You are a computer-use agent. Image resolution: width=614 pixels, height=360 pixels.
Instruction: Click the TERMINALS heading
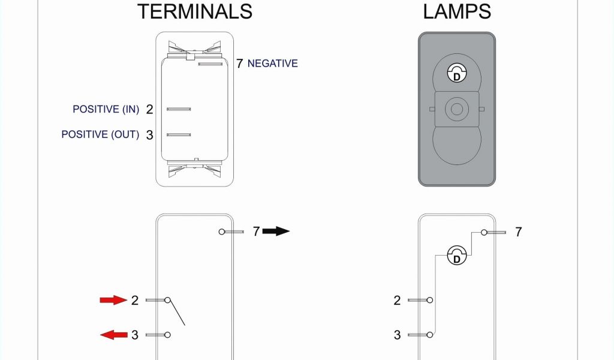point(195,11)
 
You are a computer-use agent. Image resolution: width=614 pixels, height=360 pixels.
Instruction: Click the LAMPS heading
point(457,11)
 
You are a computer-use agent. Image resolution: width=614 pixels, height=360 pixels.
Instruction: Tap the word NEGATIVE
point(272,63)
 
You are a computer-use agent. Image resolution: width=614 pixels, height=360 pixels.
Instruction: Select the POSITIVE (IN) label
point(106,109)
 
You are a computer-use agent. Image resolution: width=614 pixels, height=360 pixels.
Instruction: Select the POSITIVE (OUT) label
point(100,134)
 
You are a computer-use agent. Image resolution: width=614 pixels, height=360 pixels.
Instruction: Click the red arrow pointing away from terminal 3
point(113,335)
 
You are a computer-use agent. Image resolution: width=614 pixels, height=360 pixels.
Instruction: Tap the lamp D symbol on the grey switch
point(456,74)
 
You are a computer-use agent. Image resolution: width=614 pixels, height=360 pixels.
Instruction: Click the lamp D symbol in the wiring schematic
point(456,257)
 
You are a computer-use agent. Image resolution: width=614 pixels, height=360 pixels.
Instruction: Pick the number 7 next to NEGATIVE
point(239,64)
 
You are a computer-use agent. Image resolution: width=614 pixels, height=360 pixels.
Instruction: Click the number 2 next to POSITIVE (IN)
point(150,109)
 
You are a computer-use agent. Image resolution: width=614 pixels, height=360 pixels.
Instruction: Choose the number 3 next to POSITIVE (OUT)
point(150,135)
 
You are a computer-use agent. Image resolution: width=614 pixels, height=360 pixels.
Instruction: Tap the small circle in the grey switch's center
point(456,109)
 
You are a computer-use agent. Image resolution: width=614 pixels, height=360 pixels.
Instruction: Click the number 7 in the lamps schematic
point(519,232)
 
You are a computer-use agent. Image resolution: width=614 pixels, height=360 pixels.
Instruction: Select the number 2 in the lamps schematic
point(397,300)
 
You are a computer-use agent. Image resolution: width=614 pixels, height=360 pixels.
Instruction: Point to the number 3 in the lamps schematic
point(397,335)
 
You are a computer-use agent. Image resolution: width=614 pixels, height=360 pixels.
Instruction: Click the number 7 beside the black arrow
point(256,232)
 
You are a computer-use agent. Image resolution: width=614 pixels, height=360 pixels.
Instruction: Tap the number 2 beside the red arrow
point(134,300)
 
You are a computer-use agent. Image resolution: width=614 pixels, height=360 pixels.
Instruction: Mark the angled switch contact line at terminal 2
point(177,313)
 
